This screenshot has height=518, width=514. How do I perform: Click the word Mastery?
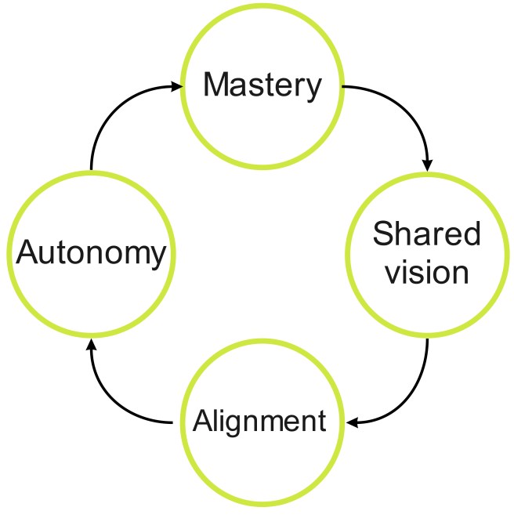tap(262, 85)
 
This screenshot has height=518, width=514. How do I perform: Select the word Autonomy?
tap(92, 254)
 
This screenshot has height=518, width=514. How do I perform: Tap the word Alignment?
tap(259, 422)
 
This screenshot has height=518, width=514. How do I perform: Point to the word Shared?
tap(426, 234)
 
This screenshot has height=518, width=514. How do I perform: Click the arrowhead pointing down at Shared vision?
tap(427, 165)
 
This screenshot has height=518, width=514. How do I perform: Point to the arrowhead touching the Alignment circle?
tap(353, 423)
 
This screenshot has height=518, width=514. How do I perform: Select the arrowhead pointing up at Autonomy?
tap(92, 346)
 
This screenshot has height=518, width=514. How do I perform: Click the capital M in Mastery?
tap(216, 85)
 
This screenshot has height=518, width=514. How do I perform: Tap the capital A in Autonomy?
tap(28, 254)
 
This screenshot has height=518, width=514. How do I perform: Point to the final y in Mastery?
tap(314, 88)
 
